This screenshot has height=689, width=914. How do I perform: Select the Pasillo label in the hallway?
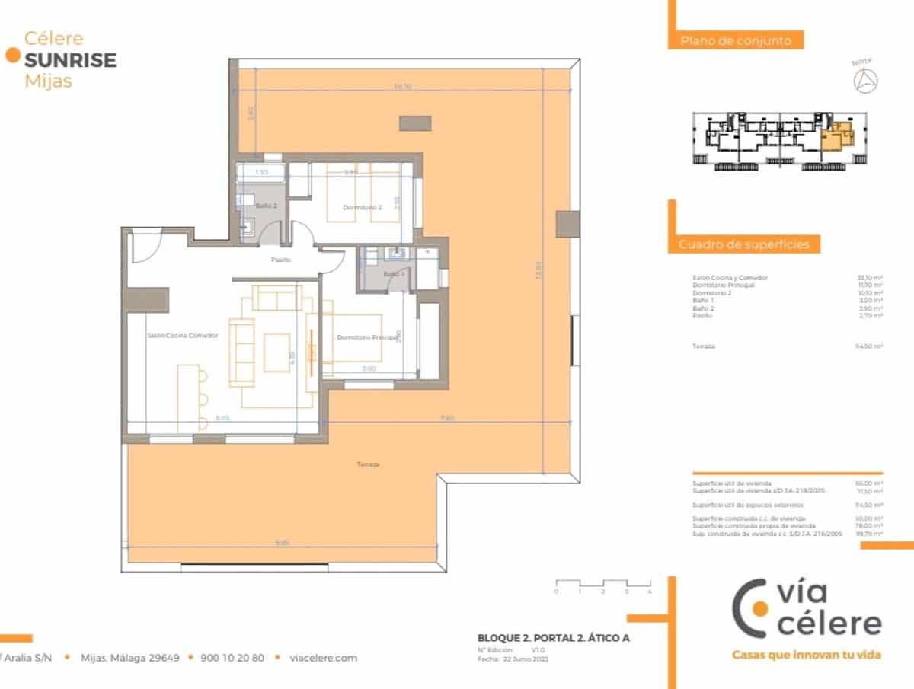[282, 260]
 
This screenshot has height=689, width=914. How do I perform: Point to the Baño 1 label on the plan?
[393, 273]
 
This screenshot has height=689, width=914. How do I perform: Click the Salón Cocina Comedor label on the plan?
[183, 335]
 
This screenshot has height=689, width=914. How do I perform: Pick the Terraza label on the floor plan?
[367, 464]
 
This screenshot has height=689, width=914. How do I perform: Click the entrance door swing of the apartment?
[145, 245]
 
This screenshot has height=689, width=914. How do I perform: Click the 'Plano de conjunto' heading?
[736, 41]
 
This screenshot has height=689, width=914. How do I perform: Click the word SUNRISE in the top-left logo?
[70, 60]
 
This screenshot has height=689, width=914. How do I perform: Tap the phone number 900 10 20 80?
[232, 658]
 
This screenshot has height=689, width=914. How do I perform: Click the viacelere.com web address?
[324, 658]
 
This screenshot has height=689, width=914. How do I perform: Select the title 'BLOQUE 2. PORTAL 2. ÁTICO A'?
[553, 638]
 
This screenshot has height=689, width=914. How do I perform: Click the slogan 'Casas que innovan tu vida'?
[806, 655]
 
